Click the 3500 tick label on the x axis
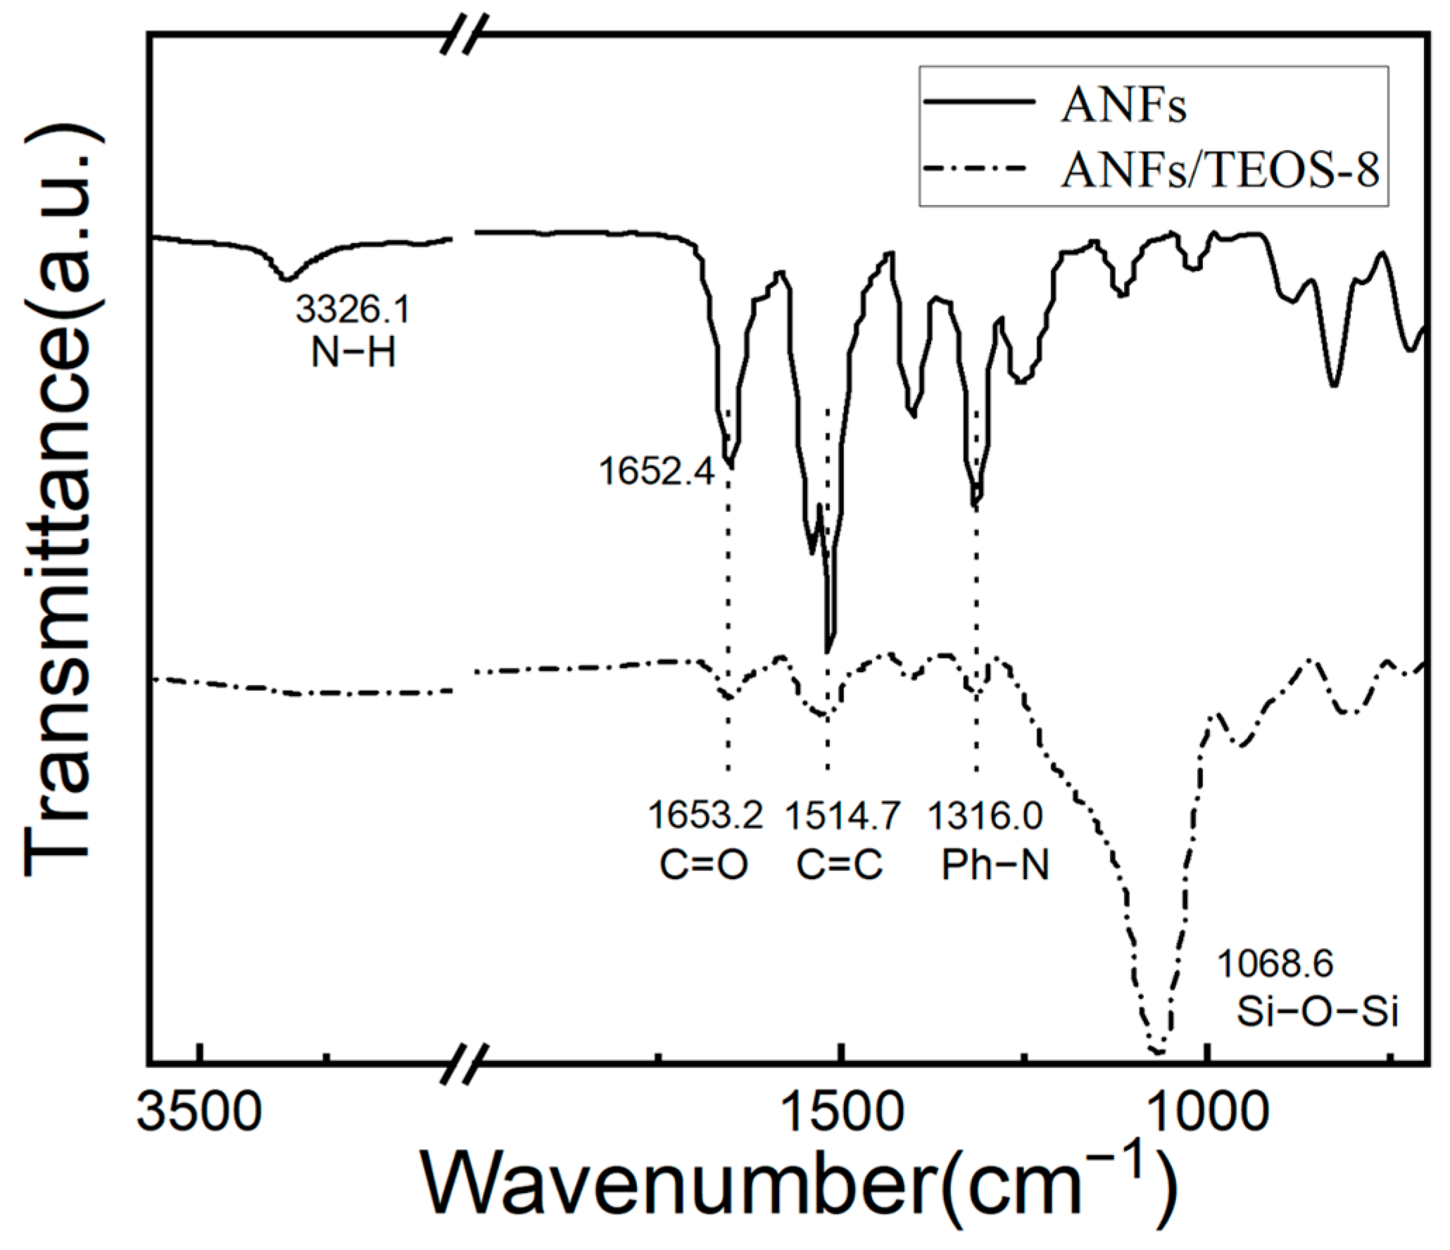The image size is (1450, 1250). pyautogui.click(x=200, y=1113)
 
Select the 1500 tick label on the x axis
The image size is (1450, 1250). pyautogui.click(x=842, y=1113)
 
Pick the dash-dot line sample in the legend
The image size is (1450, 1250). pyautogui.click(x=979, y=170)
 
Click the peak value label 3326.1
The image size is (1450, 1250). pyautogui.click(x=352, y=309)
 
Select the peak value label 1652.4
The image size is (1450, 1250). pyautogui.click(x=657, y=471)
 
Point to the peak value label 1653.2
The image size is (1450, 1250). pyautogui.click(x=705, y=816)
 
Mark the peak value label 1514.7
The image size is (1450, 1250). pyautogui.click(x=843, y=816)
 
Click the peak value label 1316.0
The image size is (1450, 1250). pyautogui.click(x=984, y=816)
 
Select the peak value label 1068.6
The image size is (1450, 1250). pyautogui.click(x=1275, y=964)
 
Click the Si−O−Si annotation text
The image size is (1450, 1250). pyautogui.click(x=1317, y=1012)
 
